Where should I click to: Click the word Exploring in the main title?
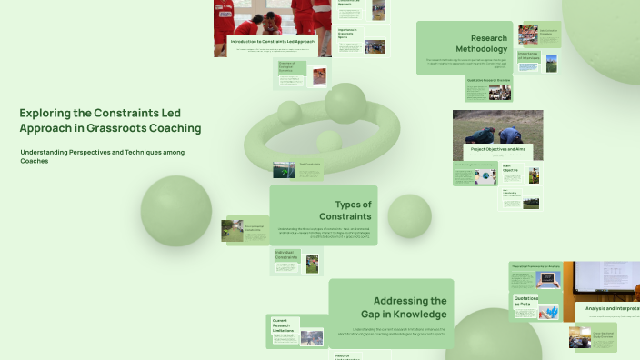(x=45, y=113)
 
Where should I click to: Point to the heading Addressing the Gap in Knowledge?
(x=409, y=306)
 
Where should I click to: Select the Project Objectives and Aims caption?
(x=497, y=148)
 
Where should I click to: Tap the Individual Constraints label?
(x=286, y=258)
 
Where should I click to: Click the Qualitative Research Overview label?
(x=489, y=81)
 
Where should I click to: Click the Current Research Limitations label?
(x=282, y=324)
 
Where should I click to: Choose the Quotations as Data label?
(x=525, y=301)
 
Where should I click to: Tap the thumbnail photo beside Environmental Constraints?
(x=232, y=230)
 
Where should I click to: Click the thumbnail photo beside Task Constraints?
(x=284, y=170)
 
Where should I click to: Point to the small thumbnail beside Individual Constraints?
(x=313, y=263)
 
